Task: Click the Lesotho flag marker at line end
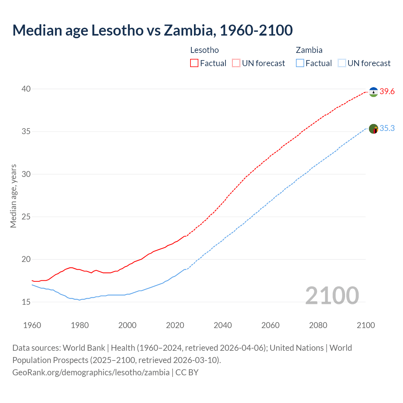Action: pos(373,92)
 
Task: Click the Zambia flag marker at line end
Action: pos(373,129)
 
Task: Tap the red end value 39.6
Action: pos(387,92)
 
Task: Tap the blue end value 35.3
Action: pos(387,128)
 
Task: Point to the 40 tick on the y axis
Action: pos(26,89)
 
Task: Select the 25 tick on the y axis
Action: pos(26,217)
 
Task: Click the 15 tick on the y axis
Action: pos(26,302)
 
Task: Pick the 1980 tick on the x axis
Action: pos(80,325)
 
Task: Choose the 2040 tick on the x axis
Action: pos(223,325)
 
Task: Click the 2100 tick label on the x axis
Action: pos(366,325)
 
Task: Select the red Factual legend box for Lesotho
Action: pos(194,63)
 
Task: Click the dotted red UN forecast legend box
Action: pos(236,63)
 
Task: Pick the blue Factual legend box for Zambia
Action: pos(300,63)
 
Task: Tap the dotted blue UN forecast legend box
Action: pos(342,63)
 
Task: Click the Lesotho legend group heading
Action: pos(205,50)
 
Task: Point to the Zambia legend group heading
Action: pos(309,50)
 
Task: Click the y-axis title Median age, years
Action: pos(13,196)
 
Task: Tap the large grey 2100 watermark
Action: pos(332,295)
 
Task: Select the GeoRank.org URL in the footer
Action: pos(91,372)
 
